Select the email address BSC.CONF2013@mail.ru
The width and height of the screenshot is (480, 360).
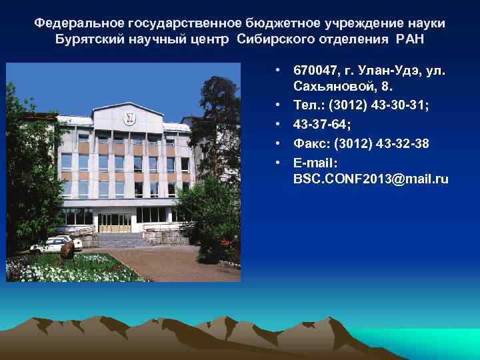coord(370,179)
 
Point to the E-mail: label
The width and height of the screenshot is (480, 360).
coord(316,162)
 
